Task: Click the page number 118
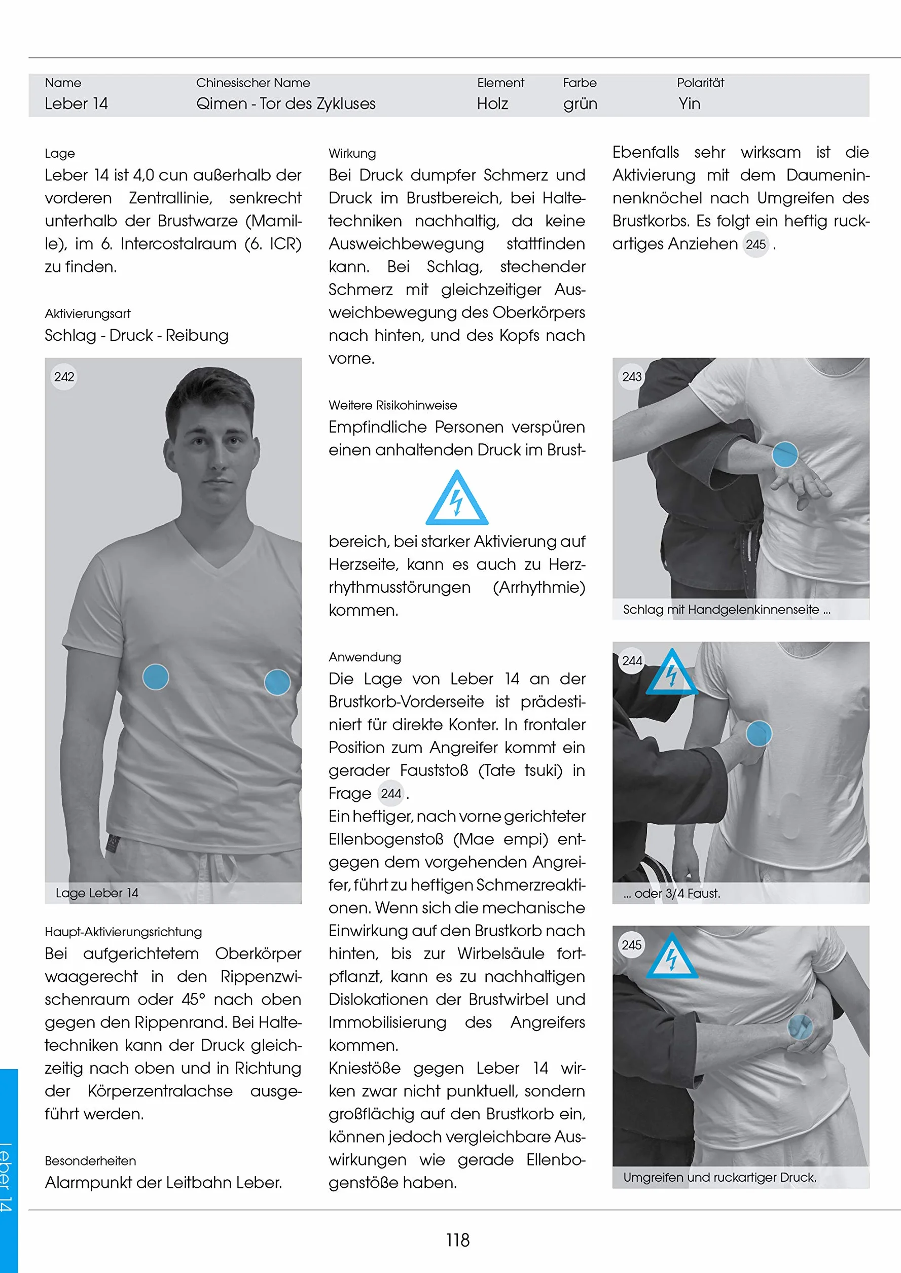click(457, 1240)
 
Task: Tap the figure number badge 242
click(64, 377)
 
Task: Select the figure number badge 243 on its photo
click(631, 377)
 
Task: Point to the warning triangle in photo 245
click(672, 956)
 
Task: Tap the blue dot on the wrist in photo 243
click(784, 454)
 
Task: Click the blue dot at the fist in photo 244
click(759, 733)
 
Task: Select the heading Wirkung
click(352, 153)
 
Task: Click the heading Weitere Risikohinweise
click(393, 405)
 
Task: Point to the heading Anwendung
click(365, 657)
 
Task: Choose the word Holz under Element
click(493, 104)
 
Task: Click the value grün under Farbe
click(581, 104)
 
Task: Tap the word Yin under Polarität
click(689, 104)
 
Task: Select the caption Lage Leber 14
click(97, 893)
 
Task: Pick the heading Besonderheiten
click(90, 1161)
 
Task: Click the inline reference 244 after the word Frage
click(390, 794)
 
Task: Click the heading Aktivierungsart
click(88, 313)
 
